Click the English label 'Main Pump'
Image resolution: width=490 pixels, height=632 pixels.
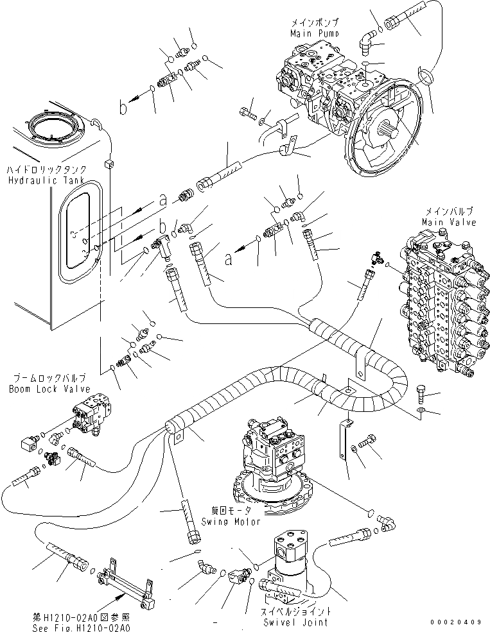point(315,33)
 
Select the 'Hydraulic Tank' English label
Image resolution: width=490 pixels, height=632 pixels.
point(47,180)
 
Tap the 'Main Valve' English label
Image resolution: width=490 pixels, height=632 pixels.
point(449,222)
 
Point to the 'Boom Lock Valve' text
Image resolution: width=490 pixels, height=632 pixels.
point(49,389)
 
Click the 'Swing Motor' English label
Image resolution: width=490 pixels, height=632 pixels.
point(231,522)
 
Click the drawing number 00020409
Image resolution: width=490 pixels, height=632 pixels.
point(456,622)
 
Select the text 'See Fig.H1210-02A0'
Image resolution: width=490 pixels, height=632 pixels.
point(82,628)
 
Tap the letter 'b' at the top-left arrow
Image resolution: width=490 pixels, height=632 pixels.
point(123,108)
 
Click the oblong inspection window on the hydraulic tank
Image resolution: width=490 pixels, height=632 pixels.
point(80,230)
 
